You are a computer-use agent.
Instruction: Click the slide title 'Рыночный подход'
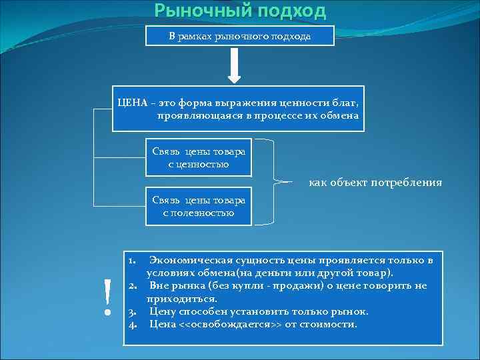coord(240,11)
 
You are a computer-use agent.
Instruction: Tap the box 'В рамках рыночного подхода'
coord(239,35)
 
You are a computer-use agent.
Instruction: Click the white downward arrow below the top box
coord(239,67)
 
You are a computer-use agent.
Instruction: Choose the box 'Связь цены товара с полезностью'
coord(199,207)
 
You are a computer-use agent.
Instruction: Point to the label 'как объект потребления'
coord(375,182)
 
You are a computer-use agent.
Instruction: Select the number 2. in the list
coord(133,286)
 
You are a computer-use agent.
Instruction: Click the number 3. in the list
coord(133,311)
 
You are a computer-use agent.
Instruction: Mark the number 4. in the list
coord(133,325)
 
